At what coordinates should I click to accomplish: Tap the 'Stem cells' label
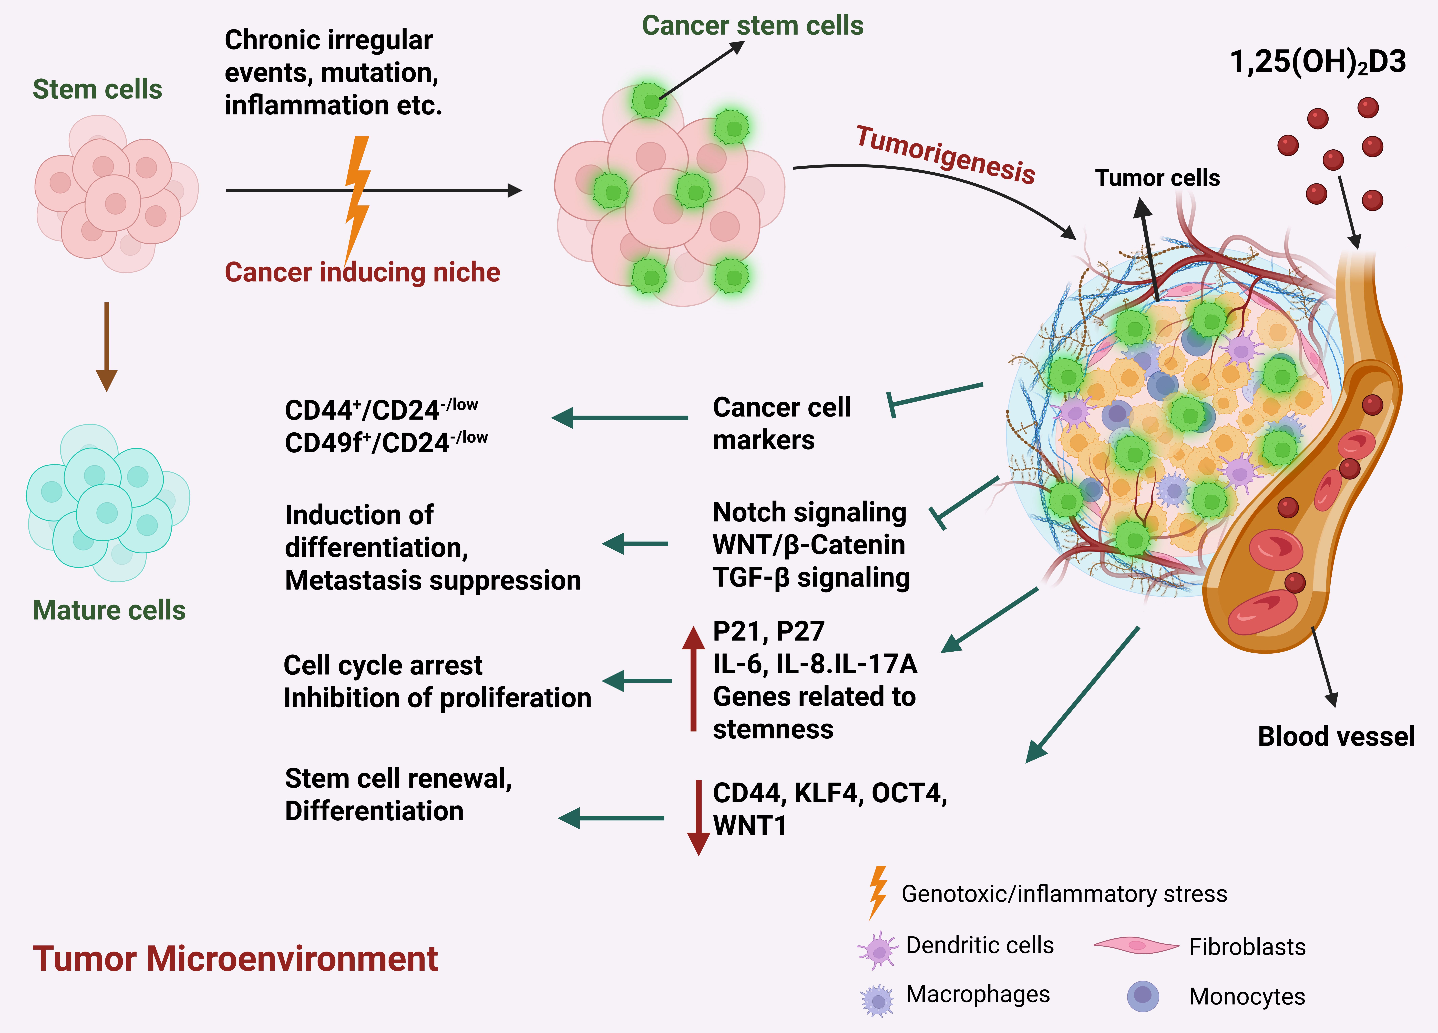pos(97,89)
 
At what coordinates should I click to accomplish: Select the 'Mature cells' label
pos(109,610)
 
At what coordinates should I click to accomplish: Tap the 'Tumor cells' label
pos(1157,178)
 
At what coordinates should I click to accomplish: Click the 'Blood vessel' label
pos(1336,736)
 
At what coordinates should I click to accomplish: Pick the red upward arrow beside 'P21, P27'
pos(694,678)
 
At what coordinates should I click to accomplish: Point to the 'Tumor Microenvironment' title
pos(235,958)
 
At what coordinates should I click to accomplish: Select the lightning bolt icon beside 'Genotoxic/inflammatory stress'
pos(878,892)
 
